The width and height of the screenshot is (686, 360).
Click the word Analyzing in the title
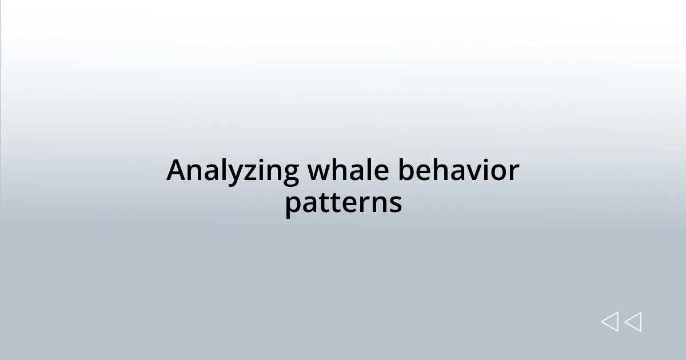[x=233, y=171]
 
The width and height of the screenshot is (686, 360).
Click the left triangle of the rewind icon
[x=609, y=322]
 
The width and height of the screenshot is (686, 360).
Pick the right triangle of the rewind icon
[x=633, y=322]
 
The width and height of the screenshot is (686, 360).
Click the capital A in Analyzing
[x=177, y=170]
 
